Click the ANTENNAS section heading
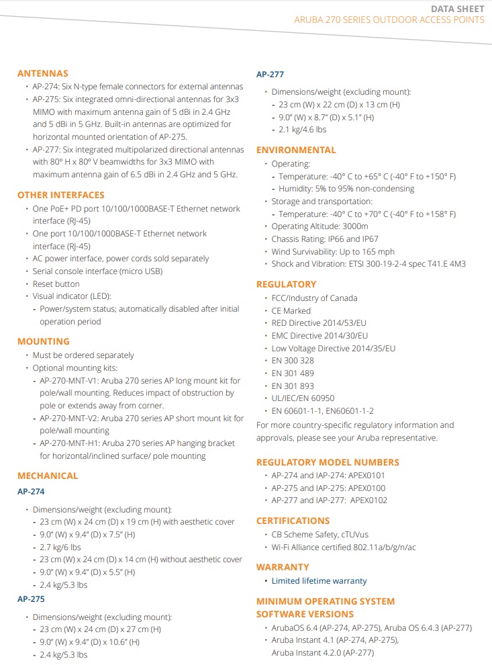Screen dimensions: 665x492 pyautogui.click(x=43, y=73)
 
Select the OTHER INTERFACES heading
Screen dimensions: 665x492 pyautogui.click(x=61, y=195)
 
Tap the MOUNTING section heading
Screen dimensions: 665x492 pyautogui.click(x=44, y=341)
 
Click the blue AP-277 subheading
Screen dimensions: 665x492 pyautogui.click(x=270, y=75)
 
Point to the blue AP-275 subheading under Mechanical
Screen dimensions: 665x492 pyautogui.click(x=31, y=598)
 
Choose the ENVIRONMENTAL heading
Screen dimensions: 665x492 pyautogui.click(x=296, y=150)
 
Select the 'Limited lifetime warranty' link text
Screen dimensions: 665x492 pyautogui.click(x=319, y=580)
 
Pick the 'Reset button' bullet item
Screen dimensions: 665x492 pyautogui.click(x=56, y=283)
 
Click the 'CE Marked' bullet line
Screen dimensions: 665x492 pyautogui.click(x=291, y=310)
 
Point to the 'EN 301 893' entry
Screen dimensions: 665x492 pyautogui.click(x=293, y=386)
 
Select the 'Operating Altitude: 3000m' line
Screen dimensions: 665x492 pyautogui.click(x=319, y=226)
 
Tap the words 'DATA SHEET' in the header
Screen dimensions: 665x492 pyautogui.click(x=457, y=8)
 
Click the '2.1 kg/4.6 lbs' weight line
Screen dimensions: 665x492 pyautogui.click(x=302, y=130)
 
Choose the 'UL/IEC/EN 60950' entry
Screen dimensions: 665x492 pyautogui.click(x=303, y=398)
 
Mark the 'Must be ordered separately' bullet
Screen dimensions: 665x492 pyautogui.click(x=83, y=355)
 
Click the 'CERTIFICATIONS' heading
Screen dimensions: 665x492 pyautogui.click(x=293, y=521)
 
